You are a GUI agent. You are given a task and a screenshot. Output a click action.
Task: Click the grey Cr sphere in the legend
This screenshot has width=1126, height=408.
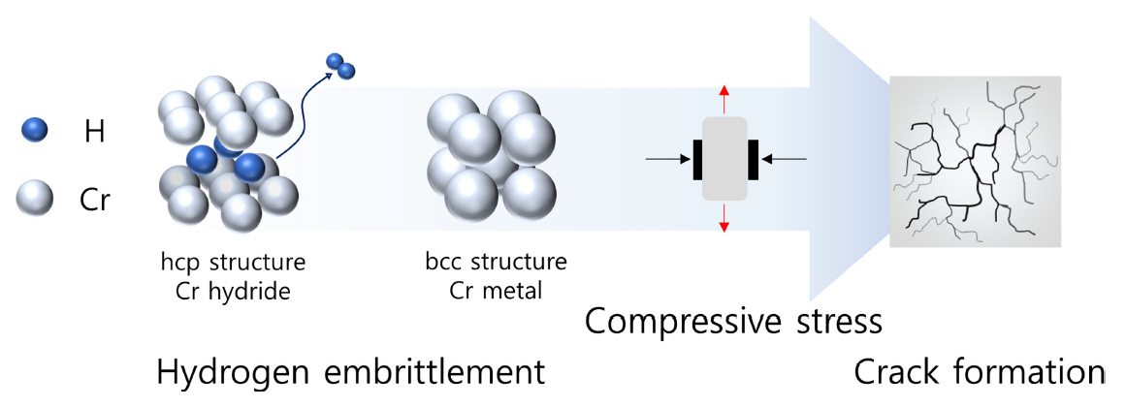pyautogui.click(x=35, y=201)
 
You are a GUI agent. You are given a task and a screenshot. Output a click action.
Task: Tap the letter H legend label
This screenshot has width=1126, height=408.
pyautogui.click(x=94, y=131)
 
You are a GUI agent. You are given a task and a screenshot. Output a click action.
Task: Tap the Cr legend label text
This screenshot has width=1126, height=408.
pyautogui.click(x=95, y=202)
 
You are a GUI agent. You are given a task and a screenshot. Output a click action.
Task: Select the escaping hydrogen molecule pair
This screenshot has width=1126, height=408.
pyautogui.click(x=340, y=66)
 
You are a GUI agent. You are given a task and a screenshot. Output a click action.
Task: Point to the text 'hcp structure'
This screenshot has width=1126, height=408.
pyautogui.click(x=234, y=263)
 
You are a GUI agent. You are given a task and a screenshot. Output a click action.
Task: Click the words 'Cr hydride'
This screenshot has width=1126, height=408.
pyautogui.click(x=234, y=290)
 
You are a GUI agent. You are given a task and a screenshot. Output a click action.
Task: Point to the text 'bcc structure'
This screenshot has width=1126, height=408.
pyautogui.click(x=495, y=263)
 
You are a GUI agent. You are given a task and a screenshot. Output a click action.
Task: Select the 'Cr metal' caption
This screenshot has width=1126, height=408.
pyautogui.click(x=495, y=290)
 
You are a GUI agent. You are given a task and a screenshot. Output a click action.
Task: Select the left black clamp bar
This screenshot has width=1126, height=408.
pyautogui.click(x=696, y=160)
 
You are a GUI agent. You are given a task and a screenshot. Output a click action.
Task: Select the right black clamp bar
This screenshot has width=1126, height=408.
pyautogui.click(x=753, y=160)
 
